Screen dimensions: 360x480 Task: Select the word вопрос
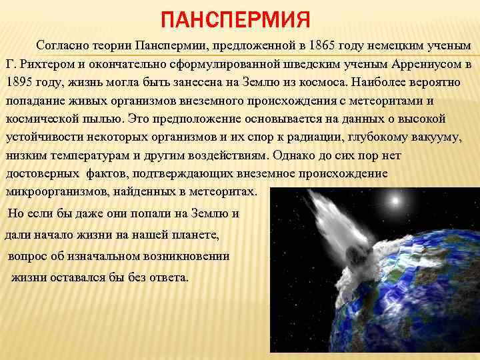point(28,256)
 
